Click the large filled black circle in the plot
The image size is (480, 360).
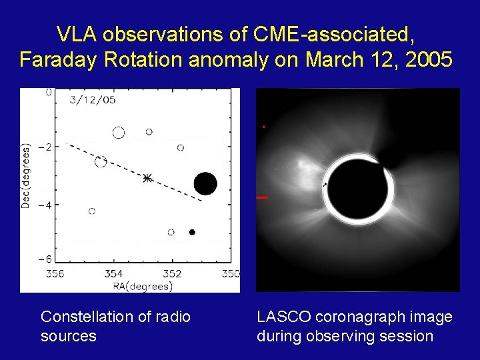tap(205, 184)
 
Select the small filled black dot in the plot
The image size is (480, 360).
tap(192, 232)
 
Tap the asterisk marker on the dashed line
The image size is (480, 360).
tap(147, 178)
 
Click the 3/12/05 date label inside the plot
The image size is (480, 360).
tap(93, 100)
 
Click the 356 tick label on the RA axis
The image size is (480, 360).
tap(55, 273)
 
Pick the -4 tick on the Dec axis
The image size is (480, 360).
tap(45, 204)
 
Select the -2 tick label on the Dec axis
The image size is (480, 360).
tap(45, 146)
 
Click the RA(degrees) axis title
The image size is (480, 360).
tap(143, 287)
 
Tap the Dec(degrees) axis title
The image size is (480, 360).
tap(26, 176)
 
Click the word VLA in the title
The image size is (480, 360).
tap(77, 34)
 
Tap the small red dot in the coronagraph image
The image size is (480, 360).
tap(263, 127)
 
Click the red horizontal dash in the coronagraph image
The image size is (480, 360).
tap(262, 198)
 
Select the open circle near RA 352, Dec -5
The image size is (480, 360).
tap(171, 232)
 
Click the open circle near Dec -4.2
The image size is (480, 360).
tap(92, 211)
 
